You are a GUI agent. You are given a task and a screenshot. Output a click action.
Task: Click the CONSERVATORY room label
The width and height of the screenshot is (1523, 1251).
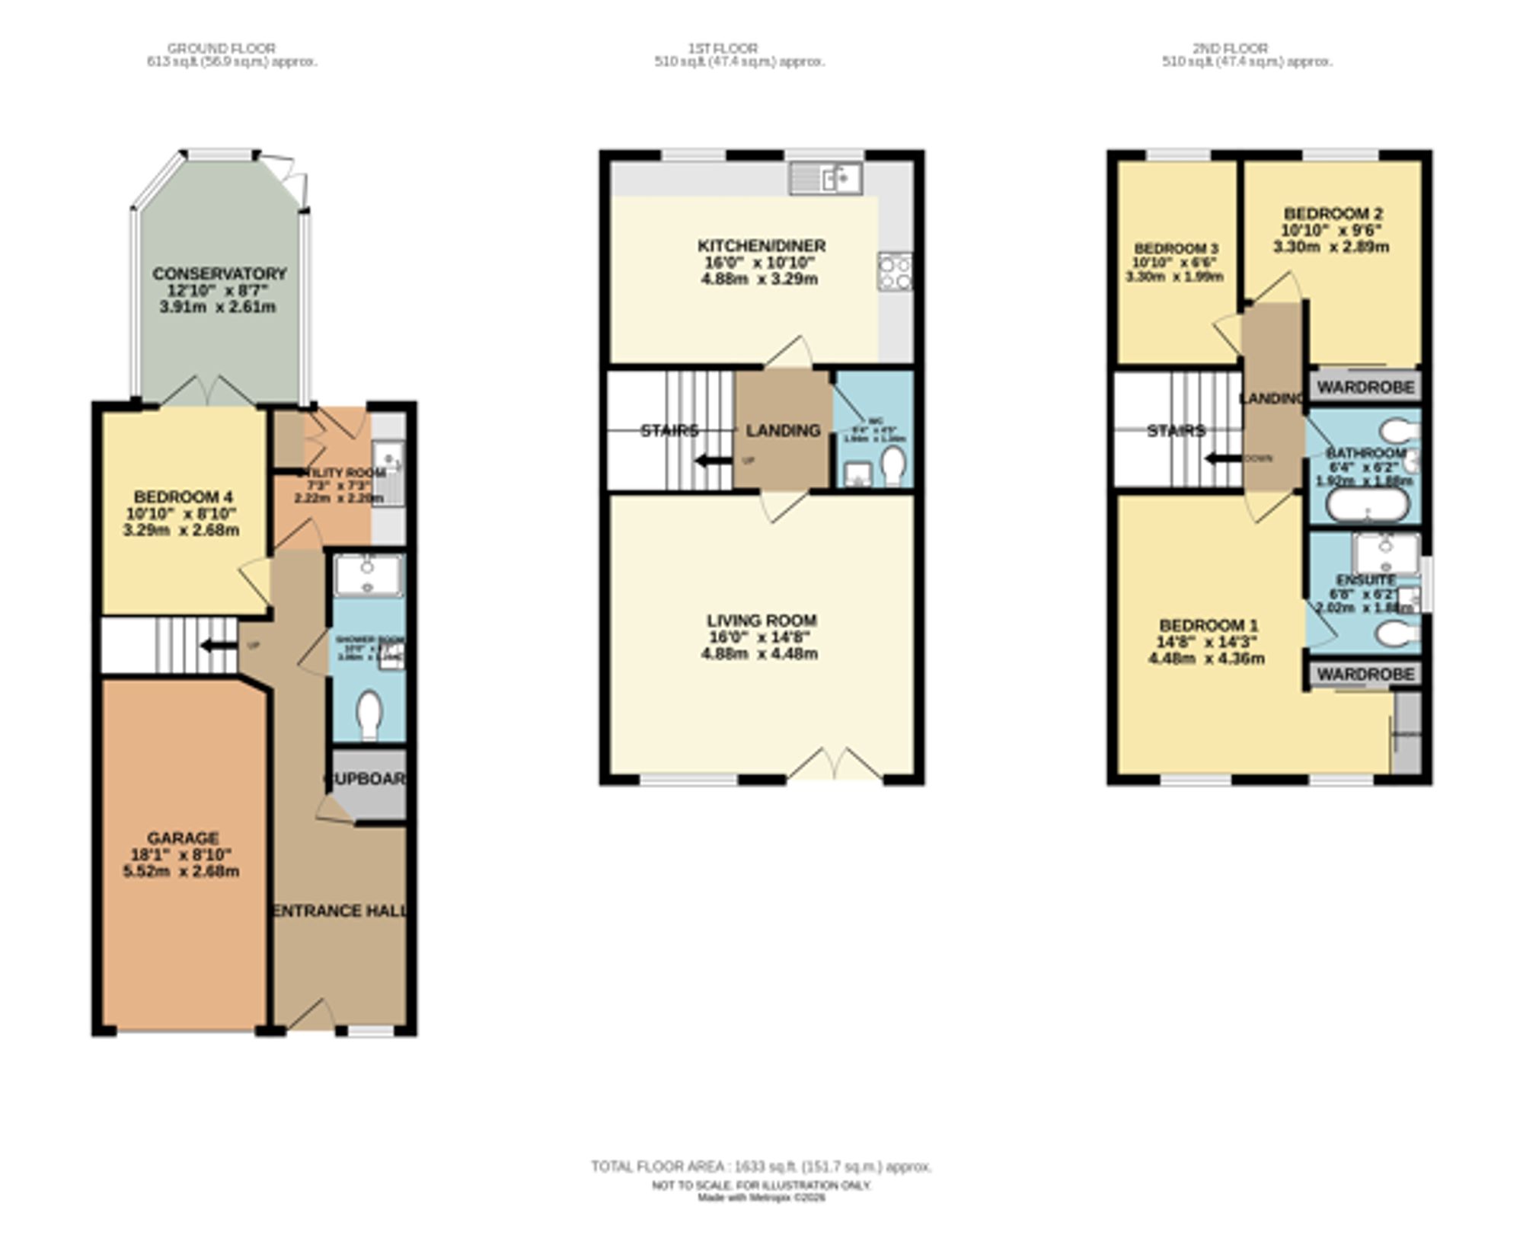(219, 273)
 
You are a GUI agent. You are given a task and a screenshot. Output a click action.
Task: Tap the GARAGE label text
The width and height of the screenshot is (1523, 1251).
(183, 838)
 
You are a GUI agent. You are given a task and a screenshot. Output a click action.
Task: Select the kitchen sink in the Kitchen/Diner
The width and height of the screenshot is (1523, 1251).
(826, 179)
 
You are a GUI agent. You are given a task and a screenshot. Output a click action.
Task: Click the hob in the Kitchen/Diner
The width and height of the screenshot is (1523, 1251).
(895, 272)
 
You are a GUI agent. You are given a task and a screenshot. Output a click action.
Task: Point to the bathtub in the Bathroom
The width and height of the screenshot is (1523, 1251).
(1368, 504)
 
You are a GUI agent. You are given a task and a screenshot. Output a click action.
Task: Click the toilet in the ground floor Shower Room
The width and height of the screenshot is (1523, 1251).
(369, 713)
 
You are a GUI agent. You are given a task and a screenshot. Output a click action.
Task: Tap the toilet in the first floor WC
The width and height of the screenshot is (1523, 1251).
(893, 465)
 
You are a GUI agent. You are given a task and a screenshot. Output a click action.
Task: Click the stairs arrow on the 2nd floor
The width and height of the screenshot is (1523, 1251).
(1223, 458)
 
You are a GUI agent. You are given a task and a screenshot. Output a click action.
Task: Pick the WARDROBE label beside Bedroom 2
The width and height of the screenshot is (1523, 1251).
(1365, 387)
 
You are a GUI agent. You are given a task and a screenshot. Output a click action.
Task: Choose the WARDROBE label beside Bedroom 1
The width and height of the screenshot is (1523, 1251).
(1365, 674)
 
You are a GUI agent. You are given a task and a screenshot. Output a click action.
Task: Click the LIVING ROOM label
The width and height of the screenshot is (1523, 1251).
(761, 621)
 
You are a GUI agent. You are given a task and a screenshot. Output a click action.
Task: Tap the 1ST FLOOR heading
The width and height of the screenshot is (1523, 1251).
(723, 48)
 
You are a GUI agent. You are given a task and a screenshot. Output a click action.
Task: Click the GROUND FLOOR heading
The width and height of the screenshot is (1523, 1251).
(221, 48)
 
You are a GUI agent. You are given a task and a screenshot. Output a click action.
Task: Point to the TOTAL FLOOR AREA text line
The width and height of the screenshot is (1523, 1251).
(761, 1166)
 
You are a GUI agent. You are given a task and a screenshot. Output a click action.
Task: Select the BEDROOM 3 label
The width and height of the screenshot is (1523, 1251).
(1176, 249)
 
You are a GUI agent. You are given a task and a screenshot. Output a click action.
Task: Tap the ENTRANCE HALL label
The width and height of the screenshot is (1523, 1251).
(340, 911)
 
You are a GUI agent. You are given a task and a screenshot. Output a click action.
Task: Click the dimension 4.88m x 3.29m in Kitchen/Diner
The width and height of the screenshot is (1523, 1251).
(759, 279)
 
